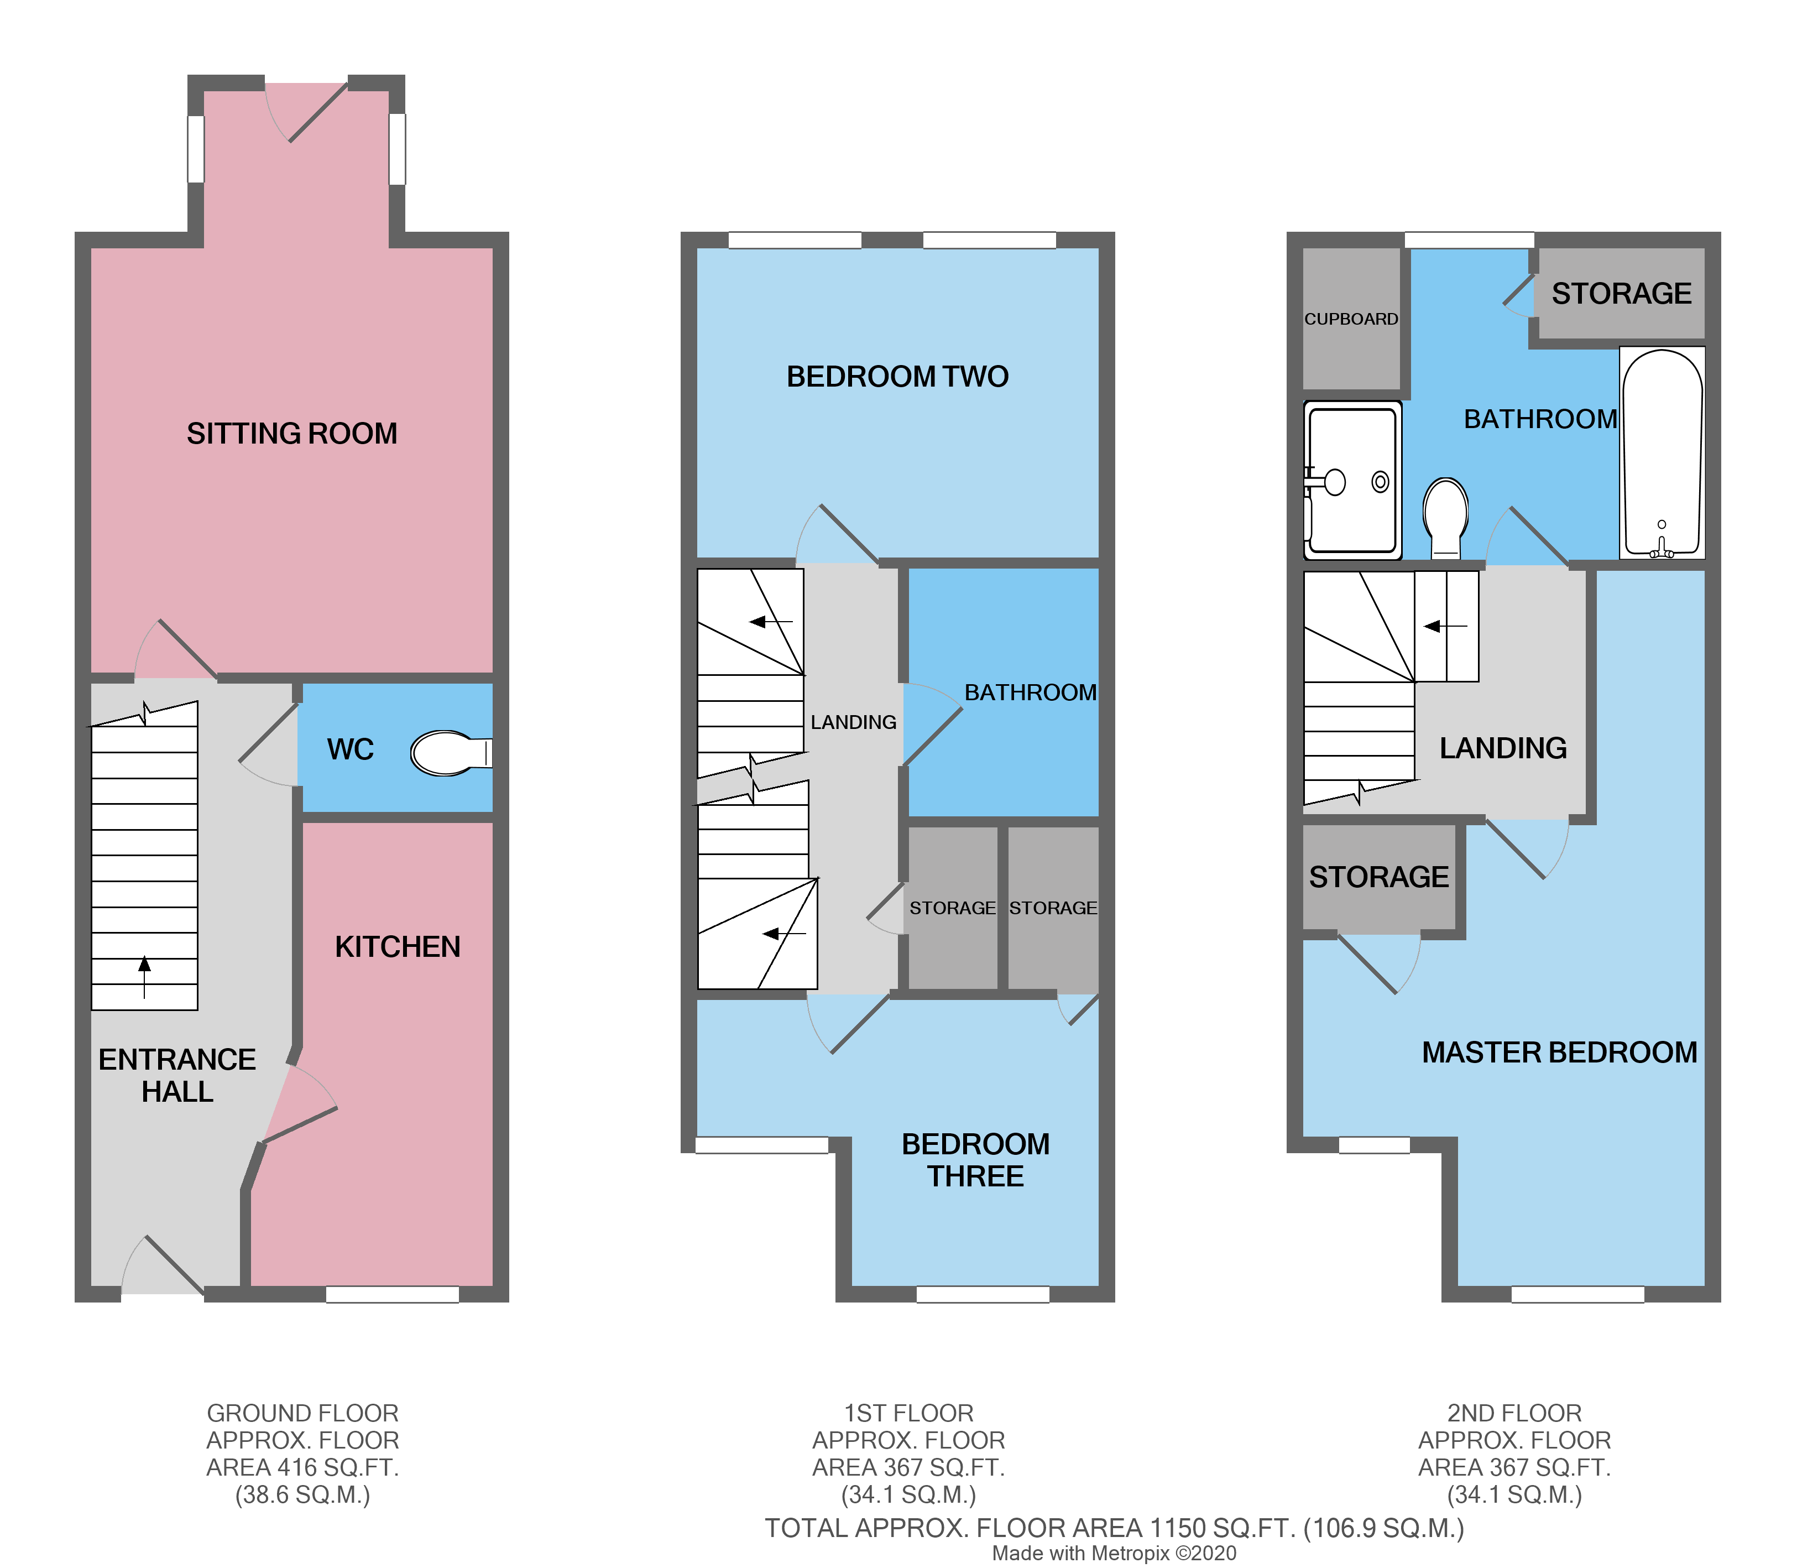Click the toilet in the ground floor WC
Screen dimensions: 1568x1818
tap(449, 753)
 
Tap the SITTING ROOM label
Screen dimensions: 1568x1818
tap(291, 434)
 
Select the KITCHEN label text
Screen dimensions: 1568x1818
tap(398, 947)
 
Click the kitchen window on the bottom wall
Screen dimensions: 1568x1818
tap(392, 1294)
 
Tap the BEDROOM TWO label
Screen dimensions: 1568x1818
tap(897, 377)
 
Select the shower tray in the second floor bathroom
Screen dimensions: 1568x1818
tap(1352, 481)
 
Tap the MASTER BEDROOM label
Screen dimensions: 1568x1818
tap(1559, 1052)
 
